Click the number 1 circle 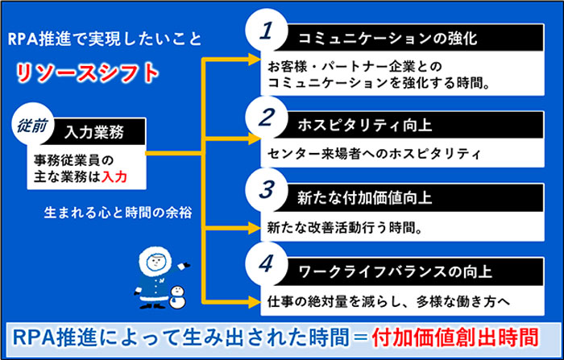click(266, 31)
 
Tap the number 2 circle click(266, 118)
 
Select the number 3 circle click(266, 189)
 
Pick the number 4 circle click(266, 263)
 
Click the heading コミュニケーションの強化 click(388, 39)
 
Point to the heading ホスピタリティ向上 click(365, 125)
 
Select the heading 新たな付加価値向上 click(365, 198)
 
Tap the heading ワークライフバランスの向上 click(396, 271)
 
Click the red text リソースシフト click(87, 73)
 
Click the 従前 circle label click(32, 124)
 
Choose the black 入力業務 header click(94, 131)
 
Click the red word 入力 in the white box click(114, 177)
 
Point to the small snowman click(177, 297)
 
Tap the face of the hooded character click(156, 262)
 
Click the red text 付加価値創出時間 click(454, 337)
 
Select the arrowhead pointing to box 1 click(254, 59)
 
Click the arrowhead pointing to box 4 click(254, 301)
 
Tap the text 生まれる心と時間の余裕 click(118, 213)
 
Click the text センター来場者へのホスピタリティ click(374, 154)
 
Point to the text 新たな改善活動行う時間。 click(345, 227)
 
